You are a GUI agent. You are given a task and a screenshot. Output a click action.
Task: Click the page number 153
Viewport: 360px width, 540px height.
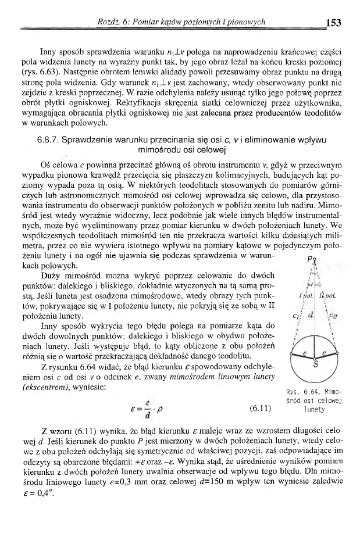click(333, 23)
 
